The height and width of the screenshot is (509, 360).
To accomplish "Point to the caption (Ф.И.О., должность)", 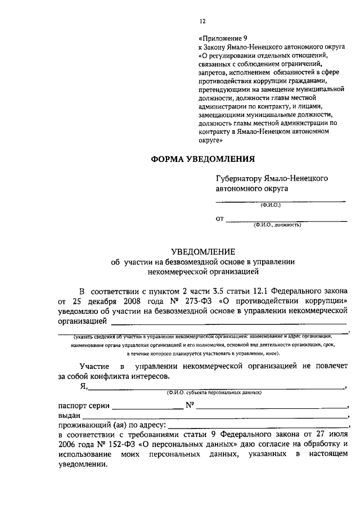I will [x=277, y=224].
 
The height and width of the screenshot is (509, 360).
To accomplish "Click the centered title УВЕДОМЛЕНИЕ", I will [x=202, y=251].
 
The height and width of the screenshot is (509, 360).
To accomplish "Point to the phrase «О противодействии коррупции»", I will [x=274, y=301].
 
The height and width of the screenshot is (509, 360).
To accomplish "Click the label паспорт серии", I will [x=83, y=405].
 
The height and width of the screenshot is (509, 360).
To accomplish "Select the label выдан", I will [x=69, y=415].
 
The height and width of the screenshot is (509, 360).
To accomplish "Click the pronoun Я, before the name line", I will [x=83, y=386].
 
